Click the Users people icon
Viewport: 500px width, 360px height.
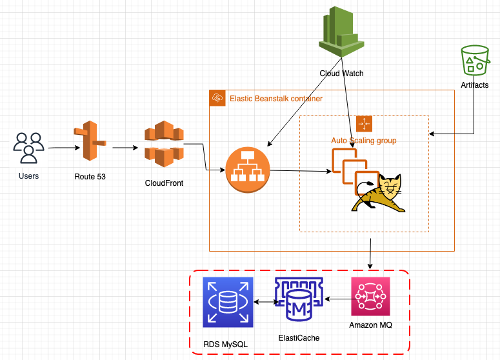pyautogui.click(x=28, y=148)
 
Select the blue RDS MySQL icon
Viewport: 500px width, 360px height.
pyautogui.click(x=228, y=302)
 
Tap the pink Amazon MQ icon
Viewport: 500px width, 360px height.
pyautogui.click(x=370, y=297)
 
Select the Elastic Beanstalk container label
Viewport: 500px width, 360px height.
pyautogui.click(x=276, y=99)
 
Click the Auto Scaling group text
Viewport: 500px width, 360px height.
pyautogui.click(x=364, y=140)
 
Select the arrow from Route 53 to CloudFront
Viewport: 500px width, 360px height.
pyautogui.click(x=126, y=148)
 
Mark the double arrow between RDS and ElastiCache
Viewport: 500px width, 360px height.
pyautogui.click(x=266, y=301)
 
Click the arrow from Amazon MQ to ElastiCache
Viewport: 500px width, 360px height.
pyautogui.click(x=337, y=299)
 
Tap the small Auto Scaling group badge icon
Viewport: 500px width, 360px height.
pyautogui.click(x=364, y=123)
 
